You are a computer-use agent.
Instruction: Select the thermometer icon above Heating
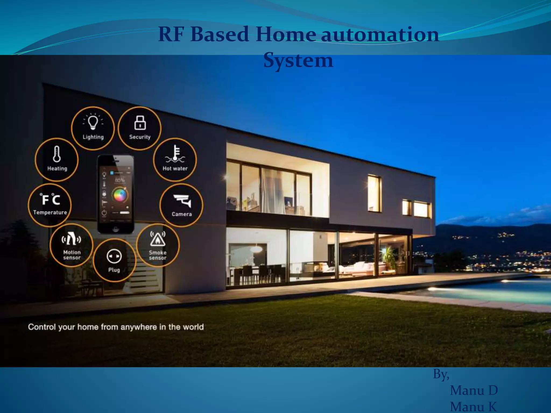(x=57, y=154)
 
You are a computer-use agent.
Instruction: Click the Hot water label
(x=175, y=169)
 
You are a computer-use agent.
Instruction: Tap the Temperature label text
(x=50, y=212)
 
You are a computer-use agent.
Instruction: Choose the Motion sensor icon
(x=71, y=239)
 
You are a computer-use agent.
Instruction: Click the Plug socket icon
(x=114, y=256)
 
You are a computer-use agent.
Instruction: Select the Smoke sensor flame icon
(x=158, y=239)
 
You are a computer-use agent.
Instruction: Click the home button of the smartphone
(x=116, y=229)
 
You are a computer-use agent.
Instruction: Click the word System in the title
(x=298, y=60)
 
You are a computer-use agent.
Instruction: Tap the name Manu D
(x=474, y=390)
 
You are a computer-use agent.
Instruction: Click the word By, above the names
(x=441, y=374)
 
